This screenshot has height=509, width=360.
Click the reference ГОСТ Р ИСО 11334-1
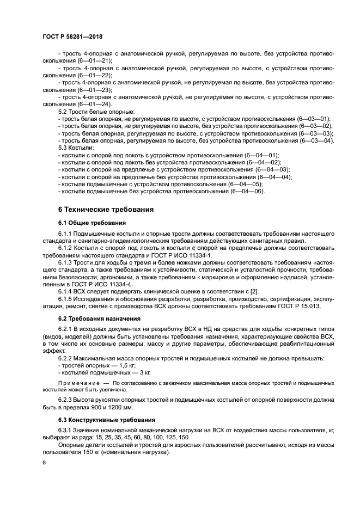pos(184,255)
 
